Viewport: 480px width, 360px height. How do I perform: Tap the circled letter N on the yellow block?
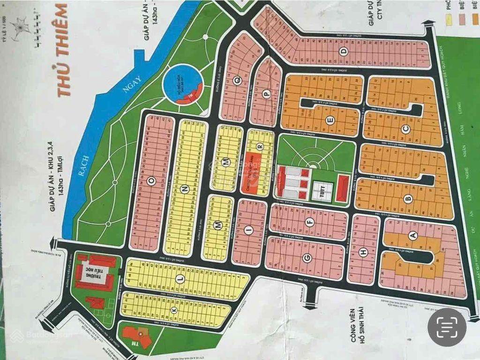185,189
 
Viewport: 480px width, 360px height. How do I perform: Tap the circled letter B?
408,199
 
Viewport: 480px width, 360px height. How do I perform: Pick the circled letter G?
307,257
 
